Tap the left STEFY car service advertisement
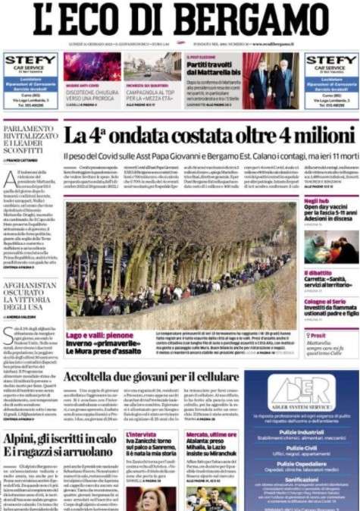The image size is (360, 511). click(30, 82)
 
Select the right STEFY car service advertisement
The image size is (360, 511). click(330, 82)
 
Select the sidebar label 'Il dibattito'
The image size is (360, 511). click(318, 272)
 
